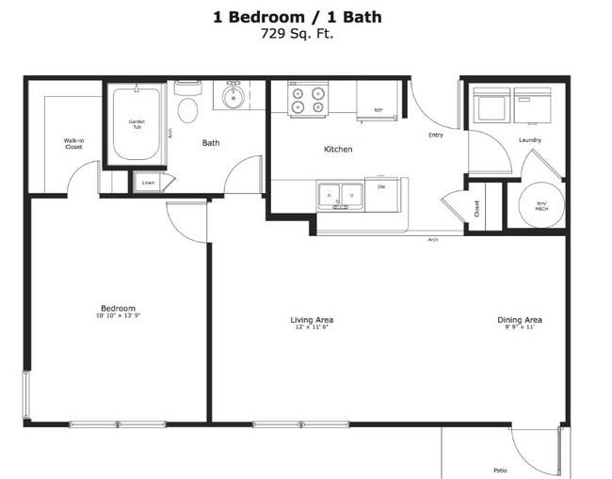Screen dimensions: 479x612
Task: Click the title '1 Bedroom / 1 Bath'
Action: [x=298, y=17]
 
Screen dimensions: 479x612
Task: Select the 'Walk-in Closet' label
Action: [x=73, y=144]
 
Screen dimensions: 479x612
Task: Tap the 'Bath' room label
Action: [x=211, y=144]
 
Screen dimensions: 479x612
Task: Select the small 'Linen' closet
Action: [x=148, y=183]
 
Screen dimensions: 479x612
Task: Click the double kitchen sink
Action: [x=341, y=195]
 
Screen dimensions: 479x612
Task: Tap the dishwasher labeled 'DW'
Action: [x=381, y=192]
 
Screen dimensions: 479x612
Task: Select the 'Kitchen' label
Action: [x=338, y=150]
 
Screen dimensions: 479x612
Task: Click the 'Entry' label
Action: [x=435, y=136]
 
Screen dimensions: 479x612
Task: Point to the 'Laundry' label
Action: [x=529, y=141]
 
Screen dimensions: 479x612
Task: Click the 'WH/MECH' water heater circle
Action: [x=540, y=204]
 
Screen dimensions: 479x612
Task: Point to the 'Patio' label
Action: [x=500, y=470]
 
